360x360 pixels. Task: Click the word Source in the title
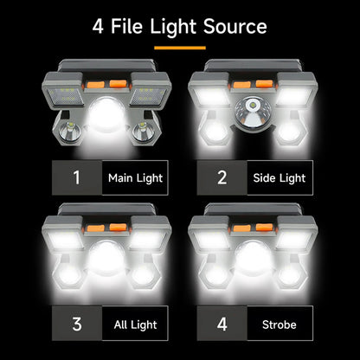pos(230,26)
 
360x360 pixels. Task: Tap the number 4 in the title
pos(100,26)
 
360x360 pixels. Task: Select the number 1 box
pos(76,178)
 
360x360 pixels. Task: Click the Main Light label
pos(134,178)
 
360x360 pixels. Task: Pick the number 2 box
pos(222,178)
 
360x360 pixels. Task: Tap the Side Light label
pos(280,178)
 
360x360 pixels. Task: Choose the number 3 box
pos(76,325)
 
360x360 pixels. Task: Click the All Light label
pos(134,325)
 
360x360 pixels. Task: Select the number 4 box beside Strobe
pos(222,325)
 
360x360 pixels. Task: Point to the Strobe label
pos(280,325)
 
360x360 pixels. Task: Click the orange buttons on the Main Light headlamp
pos(107,87)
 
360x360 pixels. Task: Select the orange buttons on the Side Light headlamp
pos(251,85)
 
